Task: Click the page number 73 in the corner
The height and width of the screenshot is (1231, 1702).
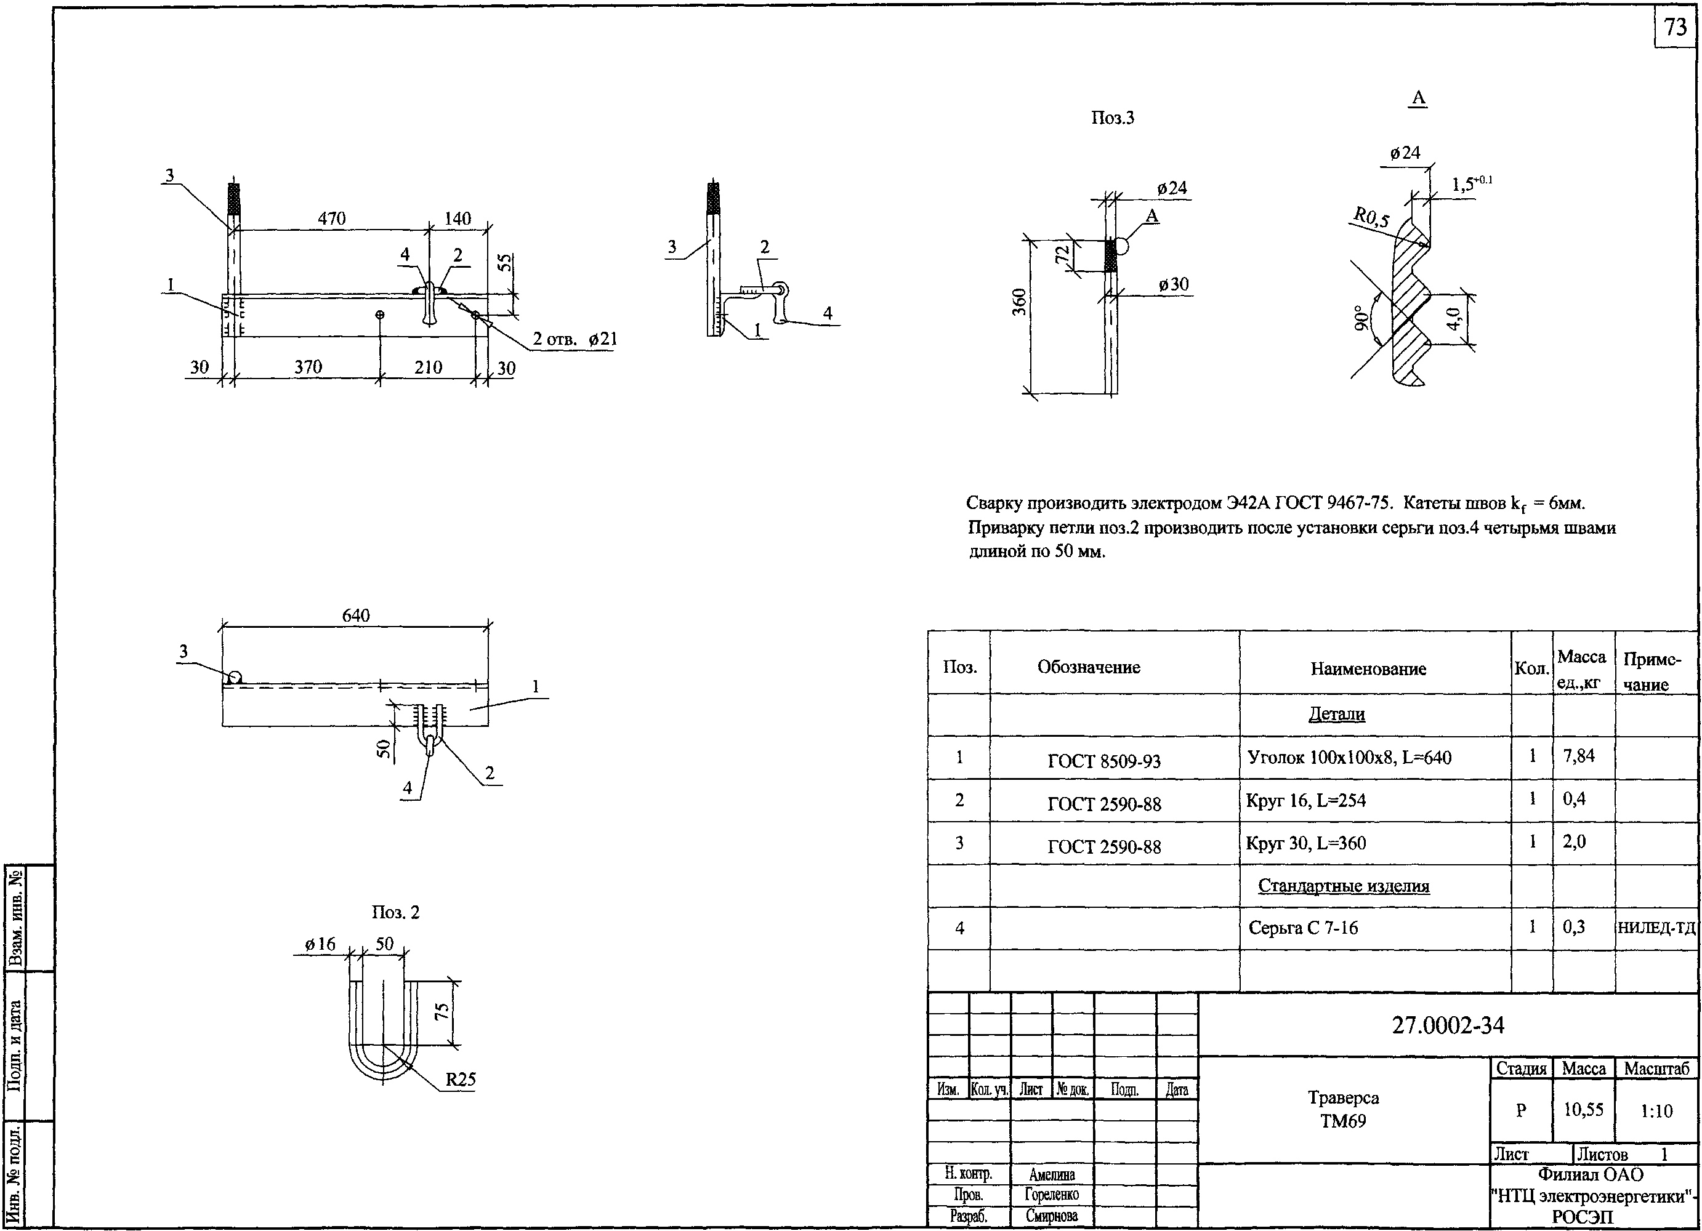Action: pos(1676,27)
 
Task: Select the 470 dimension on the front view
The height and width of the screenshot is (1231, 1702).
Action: pos(332,219)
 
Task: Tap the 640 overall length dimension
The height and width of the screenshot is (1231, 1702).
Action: pos(356,615)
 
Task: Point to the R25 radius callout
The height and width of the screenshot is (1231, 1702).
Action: pos(460,1080)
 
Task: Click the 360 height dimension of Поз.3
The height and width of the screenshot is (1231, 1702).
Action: pos(1019,302)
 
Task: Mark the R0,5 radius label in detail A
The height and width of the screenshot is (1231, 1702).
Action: pos(1371,219)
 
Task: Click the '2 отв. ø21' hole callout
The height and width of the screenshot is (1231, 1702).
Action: pos(575,339)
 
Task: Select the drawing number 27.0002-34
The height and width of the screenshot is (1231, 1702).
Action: pos(1448,1025)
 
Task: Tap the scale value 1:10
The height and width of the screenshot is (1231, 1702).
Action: pos(1656,1111)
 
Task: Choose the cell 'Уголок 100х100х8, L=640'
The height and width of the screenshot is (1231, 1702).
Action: pos(1349,758)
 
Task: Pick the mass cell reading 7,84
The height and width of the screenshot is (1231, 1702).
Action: pos(1579,756)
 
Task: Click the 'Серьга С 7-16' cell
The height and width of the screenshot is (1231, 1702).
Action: pos(1304,928)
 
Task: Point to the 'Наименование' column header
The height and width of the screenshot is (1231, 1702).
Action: pos(1368,669)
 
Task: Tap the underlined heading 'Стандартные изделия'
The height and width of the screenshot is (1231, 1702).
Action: pos(1343,886)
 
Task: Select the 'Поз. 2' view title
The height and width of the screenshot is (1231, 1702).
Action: pos(395,912)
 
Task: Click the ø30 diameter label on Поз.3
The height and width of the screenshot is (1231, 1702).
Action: pos(1174,284)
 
